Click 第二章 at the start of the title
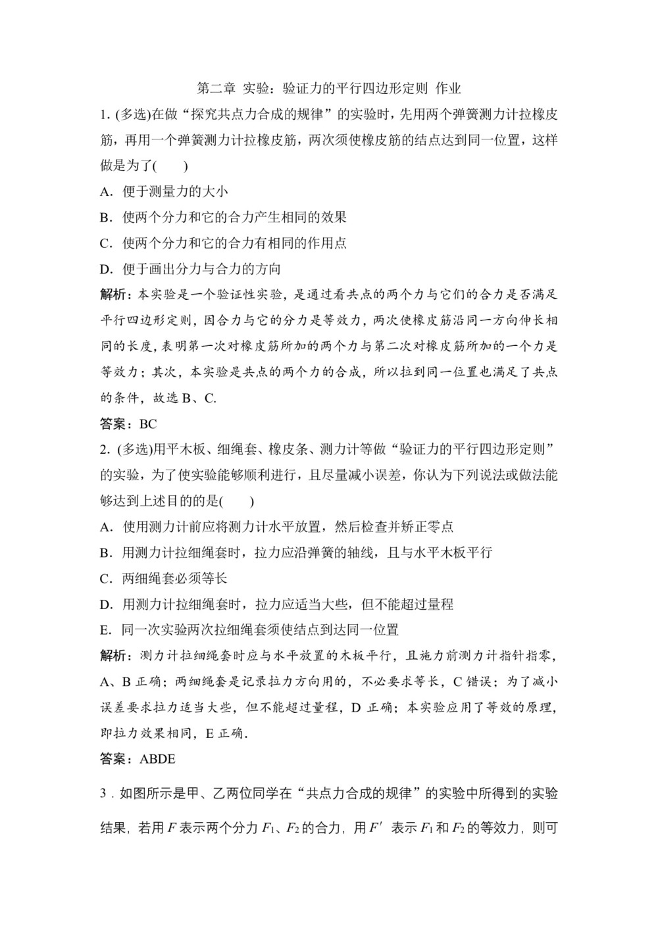coord(216,88)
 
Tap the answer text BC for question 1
coord(148,424)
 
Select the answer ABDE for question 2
coord(158,758)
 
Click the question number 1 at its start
coord(103,114)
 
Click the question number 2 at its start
coord(103,449)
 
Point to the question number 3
coord(103,794)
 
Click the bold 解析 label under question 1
coord(112,294)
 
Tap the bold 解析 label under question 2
coord(112,656)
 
